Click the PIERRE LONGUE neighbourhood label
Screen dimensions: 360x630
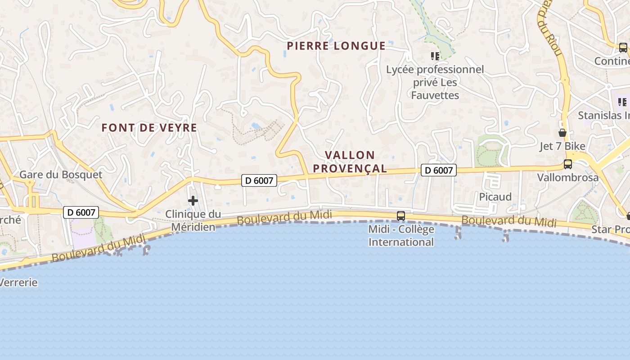[x=336, y=46]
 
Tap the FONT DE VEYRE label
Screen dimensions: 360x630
[x=149, y=128]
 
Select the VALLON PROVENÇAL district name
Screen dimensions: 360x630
[x=350, y=162]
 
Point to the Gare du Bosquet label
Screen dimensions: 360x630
[x=61, y=175]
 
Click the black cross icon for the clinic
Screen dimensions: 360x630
[x=193, y=201]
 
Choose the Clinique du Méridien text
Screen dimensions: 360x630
[x=193, y=220]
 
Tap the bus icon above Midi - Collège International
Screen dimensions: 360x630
[x=400, y=216]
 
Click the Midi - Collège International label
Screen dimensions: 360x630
[x=401, y=235]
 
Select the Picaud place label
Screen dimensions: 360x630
[x=495, y=197]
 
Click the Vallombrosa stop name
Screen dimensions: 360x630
[x=568, y=177]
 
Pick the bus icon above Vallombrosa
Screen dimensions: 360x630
[x=568, y=164]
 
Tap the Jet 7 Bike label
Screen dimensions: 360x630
[x=562, y=146]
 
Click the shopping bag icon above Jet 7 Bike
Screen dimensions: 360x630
[x=562, y=133]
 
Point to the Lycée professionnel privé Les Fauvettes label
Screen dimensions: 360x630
[x=435, y=82]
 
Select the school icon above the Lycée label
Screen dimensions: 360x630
[x=435, y=56]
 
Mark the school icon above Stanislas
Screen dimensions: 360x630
[x=622, y=102]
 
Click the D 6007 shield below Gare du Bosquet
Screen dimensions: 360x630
[x=81, y=212]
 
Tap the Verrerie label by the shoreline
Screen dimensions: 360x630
[x=19, y=283]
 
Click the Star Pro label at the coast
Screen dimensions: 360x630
[x=610, y=229]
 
